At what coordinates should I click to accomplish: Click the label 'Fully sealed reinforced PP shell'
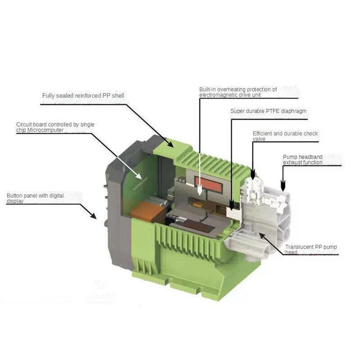pyautogui.click(x=83, y=95)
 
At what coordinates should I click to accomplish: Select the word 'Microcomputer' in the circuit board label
pyautogui.click(x=45, y=130)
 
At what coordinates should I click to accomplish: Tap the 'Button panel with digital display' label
pyautogui.click(x=35, y=198)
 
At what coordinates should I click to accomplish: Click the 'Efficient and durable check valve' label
pyautogui.click(x=285, y=136)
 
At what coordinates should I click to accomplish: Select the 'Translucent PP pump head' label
pyautogui.click(x=310, y=249)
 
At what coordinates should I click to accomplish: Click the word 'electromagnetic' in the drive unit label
pyautogui.click(x=216, y=95)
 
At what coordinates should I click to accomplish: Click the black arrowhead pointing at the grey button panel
pyautogui.click(x=93, y=216)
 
